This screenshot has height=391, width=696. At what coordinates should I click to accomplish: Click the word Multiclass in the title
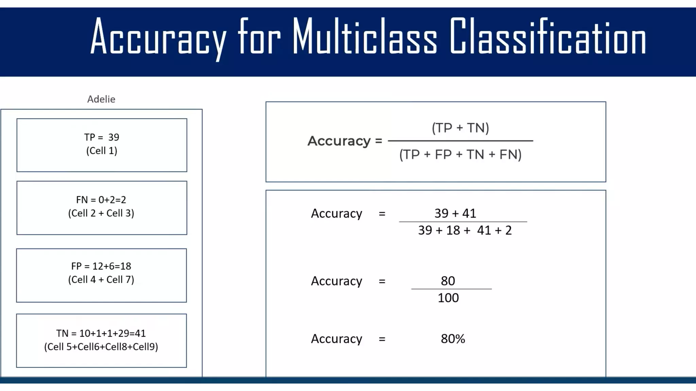tap(365, 37)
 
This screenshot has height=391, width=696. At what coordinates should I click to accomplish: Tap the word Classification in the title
tap(548, 37)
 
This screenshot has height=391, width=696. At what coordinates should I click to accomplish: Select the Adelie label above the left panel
tap(101, 99)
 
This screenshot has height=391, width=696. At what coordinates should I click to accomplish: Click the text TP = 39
tap(102, 137)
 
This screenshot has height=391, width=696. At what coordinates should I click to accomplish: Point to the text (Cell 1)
tap(102, 151)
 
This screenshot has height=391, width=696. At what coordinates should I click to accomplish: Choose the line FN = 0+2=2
tap(101, 200)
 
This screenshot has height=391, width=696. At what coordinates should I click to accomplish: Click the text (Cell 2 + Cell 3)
tap(101, 213)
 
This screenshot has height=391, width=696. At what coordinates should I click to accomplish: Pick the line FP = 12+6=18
tap(101, 266)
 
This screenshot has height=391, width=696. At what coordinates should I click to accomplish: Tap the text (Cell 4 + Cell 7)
tap(101, 280)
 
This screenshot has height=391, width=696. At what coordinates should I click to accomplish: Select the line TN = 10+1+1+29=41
tap(101, 333)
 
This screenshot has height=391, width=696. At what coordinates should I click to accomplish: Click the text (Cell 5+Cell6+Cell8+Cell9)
tap(101, 347)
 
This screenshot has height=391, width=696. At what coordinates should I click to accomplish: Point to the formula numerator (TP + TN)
tap(460, 128)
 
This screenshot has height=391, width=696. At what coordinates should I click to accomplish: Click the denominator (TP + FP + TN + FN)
tap(460, 154)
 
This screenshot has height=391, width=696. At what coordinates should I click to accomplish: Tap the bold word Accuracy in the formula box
tap(339, 141)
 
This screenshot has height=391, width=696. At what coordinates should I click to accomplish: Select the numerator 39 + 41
tap(455, 213)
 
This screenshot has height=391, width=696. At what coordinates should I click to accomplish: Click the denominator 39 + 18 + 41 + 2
tap(465, 230)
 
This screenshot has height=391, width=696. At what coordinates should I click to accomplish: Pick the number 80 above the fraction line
tap(448, 281)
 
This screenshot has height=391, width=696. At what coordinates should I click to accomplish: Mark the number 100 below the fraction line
tap(448, 298)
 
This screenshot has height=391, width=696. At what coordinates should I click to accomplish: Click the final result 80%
tap(453, 339)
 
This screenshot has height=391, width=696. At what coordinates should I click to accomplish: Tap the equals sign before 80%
tap(382, 339)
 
